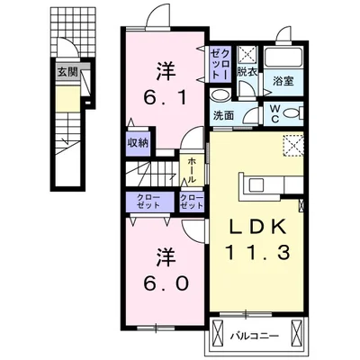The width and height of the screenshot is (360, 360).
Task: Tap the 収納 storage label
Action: click(x=137, y=141)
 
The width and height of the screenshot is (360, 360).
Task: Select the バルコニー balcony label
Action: click(x=258, y=337)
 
